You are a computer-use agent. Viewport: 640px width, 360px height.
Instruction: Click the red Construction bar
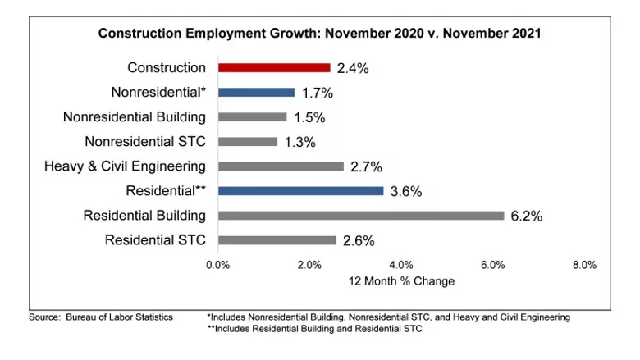pos(274,68)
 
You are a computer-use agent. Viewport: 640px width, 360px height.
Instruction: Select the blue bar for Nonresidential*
pos(256,93)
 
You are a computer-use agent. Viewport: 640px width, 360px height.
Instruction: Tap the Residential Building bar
pos(361,216)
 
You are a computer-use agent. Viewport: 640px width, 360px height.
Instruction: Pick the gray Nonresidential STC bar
pos(248,142)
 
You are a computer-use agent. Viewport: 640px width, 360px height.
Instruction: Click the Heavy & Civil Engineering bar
pos(281,166)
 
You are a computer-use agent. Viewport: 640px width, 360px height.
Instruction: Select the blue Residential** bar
pos(300,191)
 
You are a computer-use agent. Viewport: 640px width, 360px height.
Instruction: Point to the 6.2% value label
pos(526,216)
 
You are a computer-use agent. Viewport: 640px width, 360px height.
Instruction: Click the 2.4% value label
pos(352,69)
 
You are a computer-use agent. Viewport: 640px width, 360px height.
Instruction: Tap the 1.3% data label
pos(299,143)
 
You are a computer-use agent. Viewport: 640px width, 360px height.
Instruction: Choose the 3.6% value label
pos(405,192)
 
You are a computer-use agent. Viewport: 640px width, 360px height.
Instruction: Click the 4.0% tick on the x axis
pos(400,265)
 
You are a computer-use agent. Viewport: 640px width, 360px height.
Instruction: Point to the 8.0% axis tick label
pos(583,265)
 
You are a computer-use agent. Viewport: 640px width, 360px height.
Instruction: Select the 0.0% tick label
pos(217,265)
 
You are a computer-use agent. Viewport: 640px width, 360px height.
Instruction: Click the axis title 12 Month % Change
pos(401,281)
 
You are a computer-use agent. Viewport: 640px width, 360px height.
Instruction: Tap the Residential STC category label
pos(155,240)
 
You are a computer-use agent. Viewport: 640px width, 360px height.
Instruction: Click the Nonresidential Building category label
pos(135,117)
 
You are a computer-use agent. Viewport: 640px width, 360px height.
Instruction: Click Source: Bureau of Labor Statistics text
pos(100,317)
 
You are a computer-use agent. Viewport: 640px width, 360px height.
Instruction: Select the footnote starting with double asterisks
pos(314,329)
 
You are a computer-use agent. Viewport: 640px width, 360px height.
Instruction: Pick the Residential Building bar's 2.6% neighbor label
pos(359,241)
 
